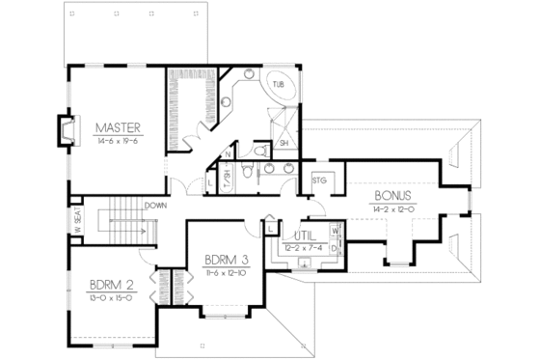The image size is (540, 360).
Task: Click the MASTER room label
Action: [119, 126]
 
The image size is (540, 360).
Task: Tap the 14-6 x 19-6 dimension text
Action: [119, 140]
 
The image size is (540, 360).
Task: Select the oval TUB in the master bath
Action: [279, 86]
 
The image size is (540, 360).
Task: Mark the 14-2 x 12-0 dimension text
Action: [391, 208]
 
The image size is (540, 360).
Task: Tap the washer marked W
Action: [333, 232]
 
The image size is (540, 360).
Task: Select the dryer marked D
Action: [333, 248]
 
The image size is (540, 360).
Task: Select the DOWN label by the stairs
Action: [155, 206]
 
